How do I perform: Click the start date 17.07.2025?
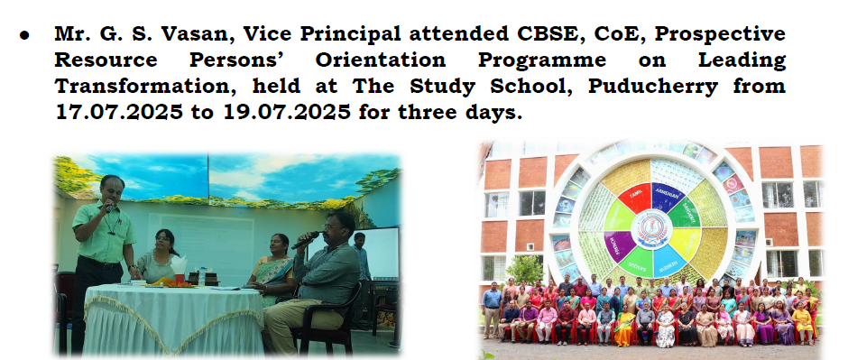119,113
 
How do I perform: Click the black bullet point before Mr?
23,35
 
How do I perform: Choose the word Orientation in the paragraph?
381,60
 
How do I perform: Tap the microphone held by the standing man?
108,207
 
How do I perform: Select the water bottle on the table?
202,276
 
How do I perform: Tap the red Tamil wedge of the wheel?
634,198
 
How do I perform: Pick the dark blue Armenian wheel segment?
668,198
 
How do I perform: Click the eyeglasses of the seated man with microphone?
331,226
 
